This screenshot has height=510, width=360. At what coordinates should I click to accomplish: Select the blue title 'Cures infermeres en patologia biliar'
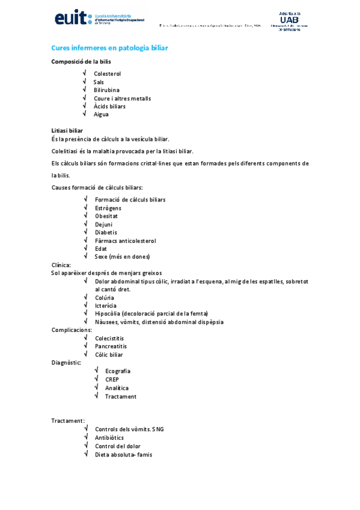pos(109,47)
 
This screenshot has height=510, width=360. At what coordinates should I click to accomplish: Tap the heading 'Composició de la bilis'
pos(81,61)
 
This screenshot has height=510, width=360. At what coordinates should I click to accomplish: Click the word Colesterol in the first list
pos(107,74)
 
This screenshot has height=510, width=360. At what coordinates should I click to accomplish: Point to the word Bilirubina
pos(106,90)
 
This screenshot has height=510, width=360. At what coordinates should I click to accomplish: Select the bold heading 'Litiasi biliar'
pos(67,131)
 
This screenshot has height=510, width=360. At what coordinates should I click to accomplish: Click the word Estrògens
pos(108,208)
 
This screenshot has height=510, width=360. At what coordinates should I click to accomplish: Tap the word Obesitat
pos(106,216)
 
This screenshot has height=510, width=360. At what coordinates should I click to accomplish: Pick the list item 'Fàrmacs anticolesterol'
pos(125,241)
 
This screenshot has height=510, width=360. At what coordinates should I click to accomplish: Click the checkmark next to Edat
pos(87,248)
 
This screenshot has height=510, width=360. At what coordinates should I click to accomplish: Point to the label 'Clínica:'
pos(61,265)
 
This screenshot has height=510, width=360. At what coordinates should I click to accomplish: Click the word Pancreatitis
pos(111,346)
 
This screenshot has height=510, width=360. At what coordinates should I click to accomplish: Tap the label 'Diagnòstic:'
pos(67,363)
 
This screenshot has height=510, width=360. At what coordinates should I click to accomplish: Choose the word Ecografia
pos(117,371)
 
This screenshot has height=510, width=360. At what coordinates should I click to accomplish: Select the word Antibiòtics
pos(109,438)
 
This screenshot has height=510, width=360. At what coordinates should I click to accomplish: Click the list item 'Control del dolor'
pos(117,446)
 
